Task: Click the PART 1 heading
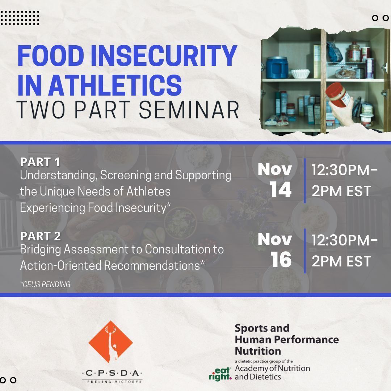(x=40, y=162)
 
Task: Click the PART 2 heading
(x=40, y=236)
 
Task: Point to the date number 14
(x=281, y=190)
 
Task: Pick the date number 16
(x=281, y=260)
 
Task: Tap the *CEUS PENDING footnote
(x=45, y=285)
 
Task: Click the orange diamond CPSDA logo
(x=110, y=342)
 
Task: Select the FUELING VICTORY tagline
(x=112, y=381)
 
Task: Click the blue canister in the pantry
(x=277, y=68)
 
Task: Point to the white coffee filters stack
(x=300, y=73)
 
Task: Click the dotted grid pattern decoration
(x=20, y=18)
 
